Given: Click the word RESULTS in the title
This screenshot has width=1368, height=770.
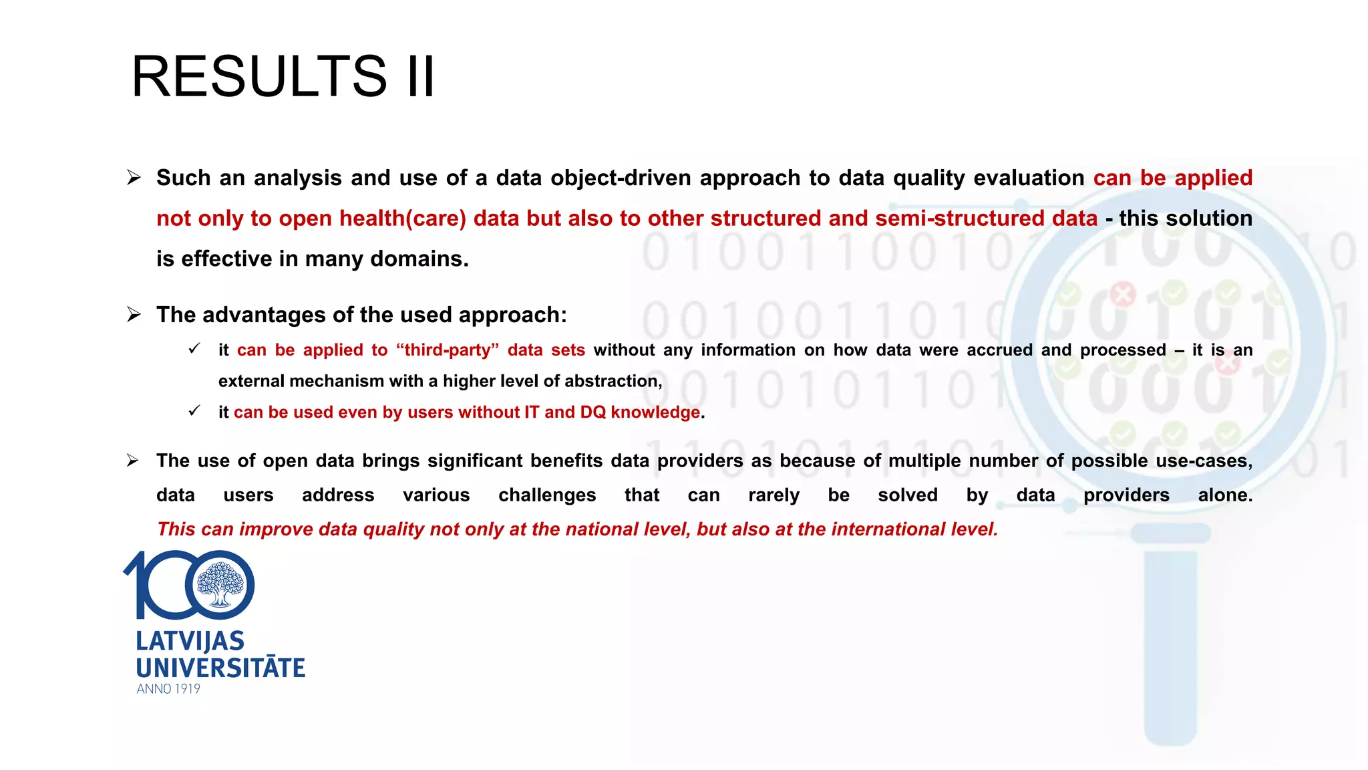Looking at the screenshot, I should (259, 76).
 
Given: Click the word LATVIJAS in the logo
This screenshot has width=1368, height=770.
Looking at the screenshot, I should (190, 642).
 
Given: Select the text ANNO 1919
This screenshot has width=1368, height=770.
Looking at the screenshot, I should (168, 689).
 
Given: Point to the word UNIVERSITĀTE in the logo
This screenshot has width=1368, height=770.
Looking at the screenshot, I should (220, 668).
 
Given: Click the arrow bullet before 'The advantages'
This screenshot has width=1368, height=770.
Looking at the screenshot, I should (134, 315).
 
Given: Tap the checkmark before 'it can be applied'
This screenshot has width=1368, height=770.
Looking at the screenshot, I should (194, 349).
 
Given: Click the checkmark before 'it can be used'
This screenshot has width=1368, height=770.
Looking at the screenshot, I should (194, 411).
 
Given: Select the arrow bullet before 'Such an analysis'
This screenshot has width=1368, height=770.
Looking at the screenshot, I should (134, 178).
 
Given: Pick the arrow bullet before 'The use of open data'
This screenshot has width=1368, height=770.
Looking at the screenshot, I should (134, 461).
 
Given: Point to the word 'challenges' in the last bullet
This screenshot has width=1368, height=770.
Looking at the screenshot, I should (547, 495).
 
